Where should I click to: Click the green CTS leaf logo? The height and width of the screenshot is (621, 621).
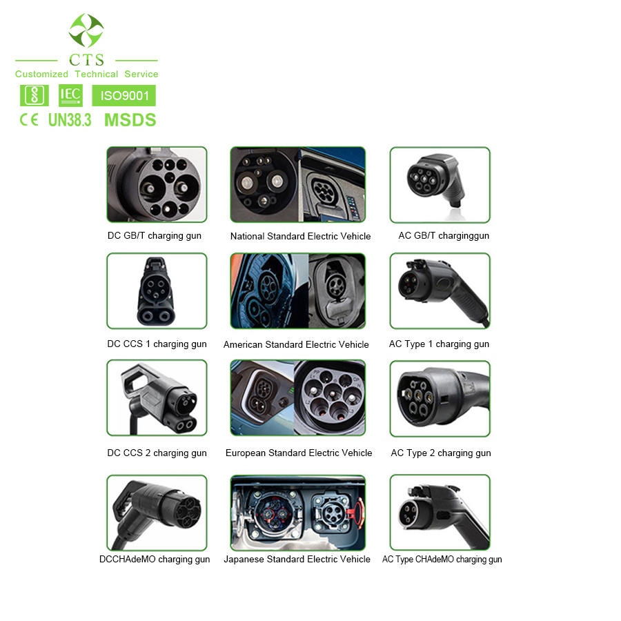click(86, 30)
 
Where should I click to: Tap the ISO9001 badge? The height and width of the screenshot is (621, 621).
click(124, 95)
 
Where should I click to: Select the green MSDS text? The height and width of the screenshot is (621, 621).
click(130, 120)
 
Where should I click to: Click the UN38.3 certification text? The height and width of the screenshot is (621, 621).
click(70, 120)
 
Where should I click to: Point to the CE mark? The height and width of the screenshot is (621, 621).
click(29, 120)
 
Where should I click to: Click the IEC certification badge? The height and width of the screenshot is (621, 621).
click(70, 95)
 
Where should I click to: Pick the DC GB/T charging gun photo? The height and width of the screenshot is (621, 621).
click(157, 184)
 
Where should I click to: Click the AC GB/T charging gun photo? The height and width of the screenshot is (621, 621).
click(440, 184)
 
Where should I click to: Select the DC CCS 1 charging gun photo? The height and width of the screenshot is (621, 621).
click(157, 290)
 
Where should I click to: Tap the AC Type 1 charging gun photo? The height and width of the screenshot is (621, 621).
click(440, 290)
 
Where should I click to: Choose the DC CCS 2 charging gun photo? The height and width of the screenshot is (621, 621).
click(157, 398)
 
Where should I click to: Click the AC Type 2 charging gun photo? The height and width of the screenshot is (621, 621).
click(440, 398)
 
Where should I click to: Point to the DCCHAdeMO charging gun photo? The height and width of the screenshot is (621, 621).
click(157, 512)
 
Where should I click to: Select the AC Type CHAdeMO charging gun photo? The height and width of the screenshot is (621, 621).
click(440, 512)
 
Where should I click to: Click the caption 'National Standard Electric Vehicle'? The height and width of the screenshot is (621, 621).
click(300, 236)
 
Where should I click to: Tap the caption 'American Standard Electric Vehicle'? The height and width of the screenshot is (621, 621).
click(296, 344)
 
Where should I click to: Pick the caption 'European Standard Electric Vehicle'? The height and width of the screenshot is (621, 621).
click(299, 453)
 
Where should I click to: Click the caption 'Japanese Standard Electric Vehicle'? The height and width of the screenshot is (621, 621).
click(297, 559)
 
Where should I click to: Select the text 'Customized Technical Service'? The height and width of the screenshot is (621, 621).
click(86, 74)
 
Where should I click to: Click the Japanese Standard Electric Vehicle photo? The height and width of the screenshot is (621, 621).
click(297, 512)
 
